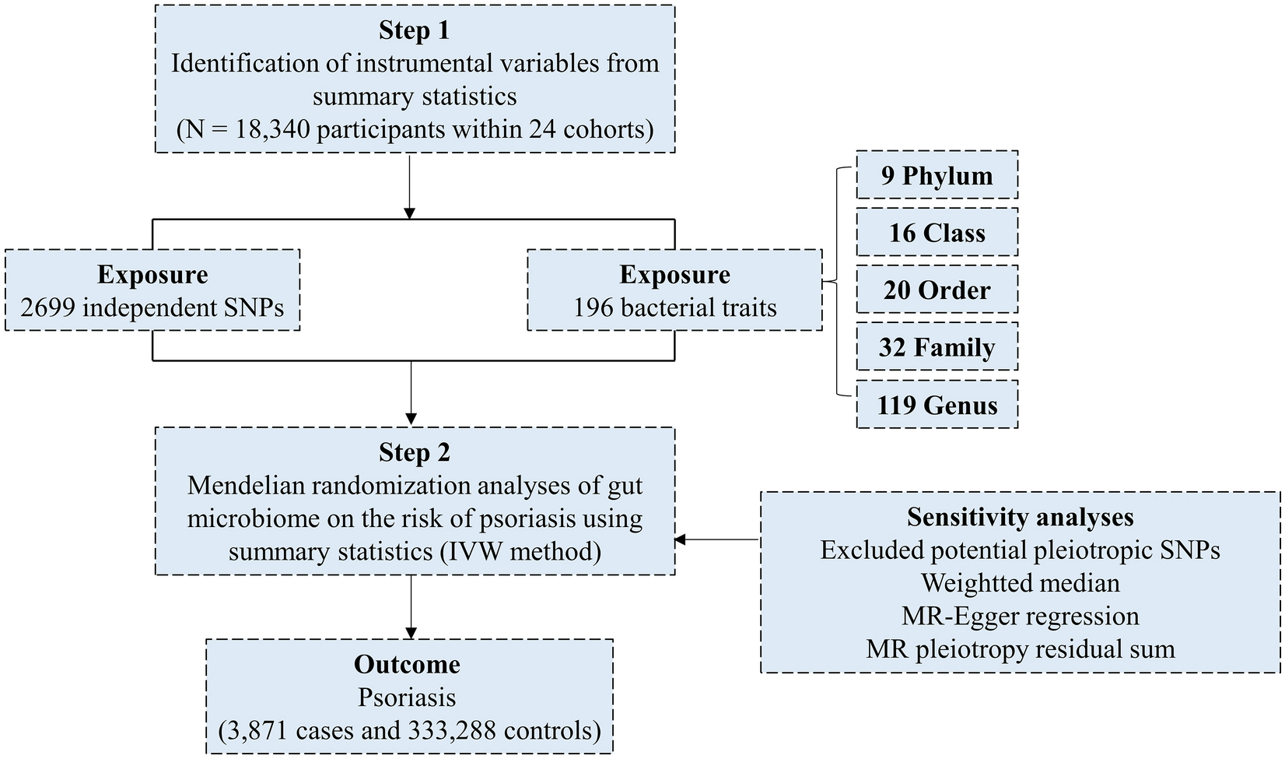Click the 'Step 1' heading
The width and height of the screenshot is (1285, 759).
pyautogui.click(x=414, y=30)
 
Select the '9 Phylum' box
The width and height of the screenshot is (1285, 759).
pyautogui.click(x=937, y=175)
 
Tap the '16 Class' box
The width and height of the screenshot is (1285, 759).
pyautogui.click(x=937, y=233)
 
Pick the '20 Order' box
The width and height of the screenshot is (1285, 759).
pyautogui.click(x=937, y=290)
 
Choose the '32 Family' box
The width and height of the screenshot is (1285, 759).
pyautogui.click(x=937, y=347)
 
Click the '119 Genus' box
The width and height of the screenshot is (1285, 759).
pyautogui.click(x=937, y=405)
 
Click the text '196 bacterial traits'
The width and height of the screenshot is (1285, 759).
pyautogui.click(x=674, y=307)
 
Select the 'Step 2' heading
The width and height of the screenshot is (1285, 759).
pyautogui.click(x=414, y=452)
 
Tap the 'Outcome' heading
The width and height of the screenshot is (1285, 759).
pyautogui.click(x=407, y=664)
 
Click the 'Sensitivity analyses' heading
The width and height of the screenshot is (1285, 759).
pyautogui.click(x=1020, y=517)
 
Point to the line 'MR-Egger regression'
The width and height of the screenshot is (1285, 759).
pyautogui.click(x=1020, y=616)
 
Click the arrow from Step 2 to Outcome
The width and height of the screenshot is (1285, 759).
pyautogui.click(x=411, y=607)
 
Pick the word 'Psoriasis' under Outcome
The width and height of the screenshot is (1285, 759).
pyautogui.click(x=407, y=698)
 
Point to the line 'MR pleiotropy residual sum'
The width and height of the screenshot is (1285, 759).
pyautogui.click(x=1020, y=648)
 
